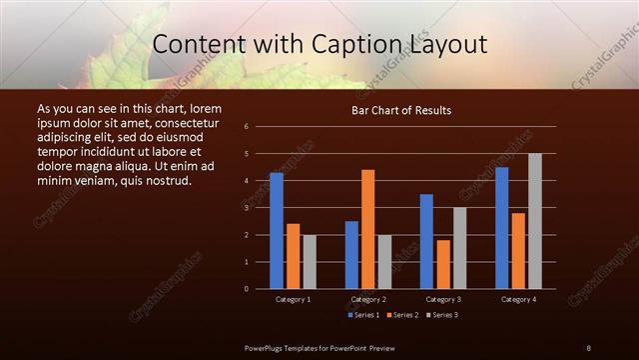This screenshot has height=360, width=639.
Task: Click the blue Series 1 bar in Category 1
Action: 277,231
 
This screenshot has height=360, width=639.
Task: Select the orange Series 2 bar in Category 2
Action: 367,229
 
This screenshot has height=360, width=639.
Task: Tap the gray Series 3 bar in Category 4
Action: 534,221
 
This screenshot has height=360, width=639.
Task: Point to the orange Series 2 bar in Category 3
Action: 442,264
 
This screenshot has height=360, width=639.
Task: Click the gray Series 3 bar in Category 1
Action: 310,262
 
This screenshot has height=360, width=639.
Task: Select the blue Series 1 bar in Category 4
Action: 501,228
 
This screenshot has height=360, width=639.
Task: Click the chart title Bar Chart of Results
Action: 401,109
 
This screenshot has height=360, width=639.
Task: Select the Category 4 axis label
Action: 517,299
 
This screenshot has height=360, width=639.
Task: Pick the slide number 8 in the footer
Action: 588,347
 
